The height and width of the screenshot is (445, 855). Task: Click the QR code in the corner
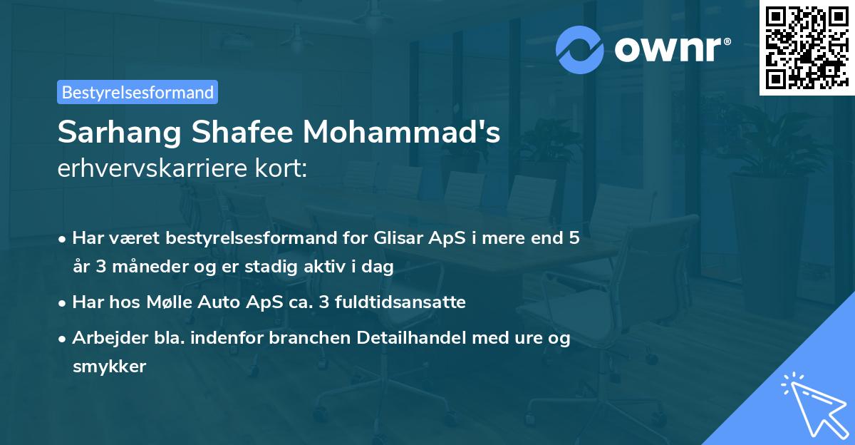[807, 48]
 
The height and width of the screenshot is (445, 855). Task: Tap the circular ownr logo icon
[581, 50]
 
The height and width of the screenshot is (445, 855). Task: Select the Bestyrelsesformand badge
[138, 92]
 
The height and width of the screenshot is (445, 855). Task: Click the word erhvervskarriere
[150, 170]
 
